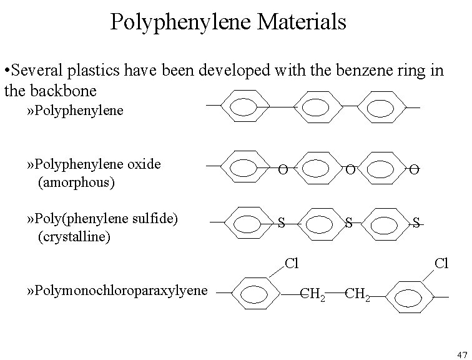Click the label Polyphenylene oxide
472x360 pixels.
point(99,164)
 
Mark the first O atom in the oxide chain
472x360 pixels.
point(283,169)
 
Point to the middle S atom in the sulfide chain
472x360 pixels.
point(349,222)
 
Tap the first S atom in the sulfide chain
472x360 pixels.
point(281,222)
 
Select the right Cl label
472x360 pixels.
point(441,263)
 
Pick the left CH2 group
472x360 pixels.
point(312,292)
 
